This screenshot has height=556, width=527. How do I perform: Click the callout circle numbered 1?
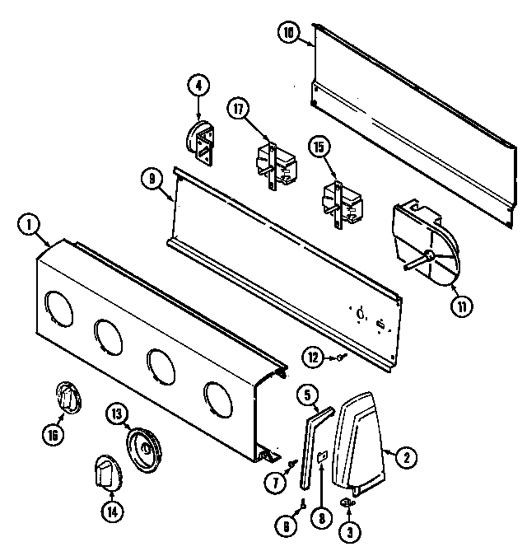tap(29, 222)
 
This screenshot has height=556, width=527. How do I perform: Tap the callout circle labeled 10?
tap(288, 34)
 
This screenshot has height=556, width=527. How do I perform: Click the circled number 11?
tap(462, 306)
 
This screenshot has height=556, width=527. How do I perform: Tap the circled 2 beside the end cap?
tap(404, 453)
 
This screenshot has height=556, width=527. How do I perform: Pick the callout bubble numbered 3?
tap(352, 532)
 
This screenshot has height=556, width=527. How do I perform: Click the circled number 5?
tap(305, 395)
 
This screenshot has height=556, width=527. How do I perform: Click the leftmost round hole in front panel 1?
tap(58, 306)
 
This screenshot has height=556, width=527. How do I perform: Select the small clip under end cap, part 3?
tap(347, 502)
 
